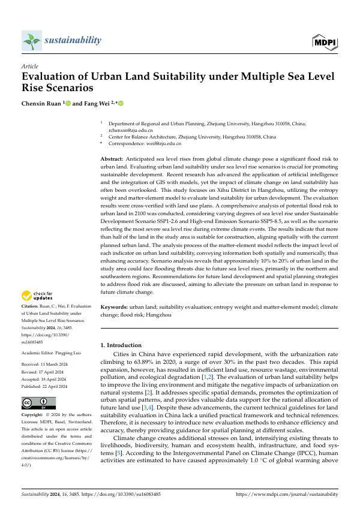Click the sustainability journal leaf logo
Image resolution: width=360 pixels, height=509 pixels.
(31, 41)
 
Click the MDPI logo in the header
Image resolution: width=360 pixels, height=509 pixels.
(324, 41)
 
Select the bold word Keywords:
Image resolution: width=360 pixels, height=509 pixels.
(114, 306)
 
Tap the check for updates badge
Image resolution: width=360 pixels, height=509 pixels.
(37, 296)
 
